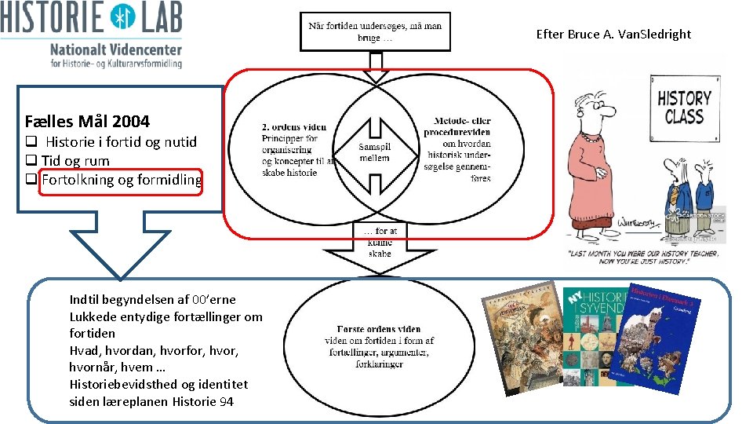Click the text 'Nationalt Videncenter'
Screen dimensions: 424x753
(115, 49)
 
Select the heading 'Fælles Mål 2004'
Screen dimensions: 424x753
(87, 121)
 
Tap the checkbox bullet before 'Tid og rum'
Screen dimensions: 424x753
(31, 161)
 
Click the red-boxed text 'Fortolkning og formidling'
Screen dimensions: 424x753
(122, 180)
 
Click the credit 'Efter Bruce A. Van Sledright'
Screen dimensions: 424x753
(613, 34)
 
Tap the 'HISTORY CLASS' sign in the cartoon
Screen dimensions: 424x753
(683, 108)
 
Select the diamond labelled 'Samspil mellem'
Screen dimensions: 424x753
(374, 151)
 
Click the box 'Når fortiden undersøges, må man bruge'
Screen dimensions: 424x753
(375, 31)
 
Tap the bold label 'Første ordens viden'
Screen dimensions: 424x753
(379, 329)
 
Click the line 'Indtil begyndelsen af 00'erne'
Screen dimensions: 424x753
(152, 299)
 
